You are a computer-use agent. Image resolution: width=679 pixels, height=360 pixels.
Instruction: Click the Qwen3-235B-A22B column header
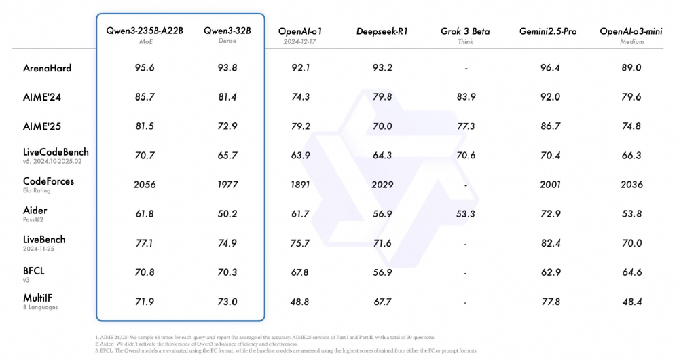pyautogui.click(x=144, y=31)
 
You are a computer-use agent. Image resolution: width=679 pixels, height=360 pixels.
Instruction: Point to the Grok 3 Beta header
pyautogui.click(x=465, y=31)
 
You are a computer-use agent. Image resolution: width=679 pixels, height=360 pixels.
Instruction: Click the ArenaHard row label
pyautogui.click(x=47, y=68)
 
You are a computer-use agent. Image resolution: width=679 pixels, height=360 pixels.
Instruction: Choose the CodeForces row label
pyautogui.click(x=48, y=181)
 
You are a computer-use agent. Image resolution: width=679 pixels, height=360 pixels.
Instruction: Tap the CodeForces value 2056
pyautogui.click(x=144, y=185)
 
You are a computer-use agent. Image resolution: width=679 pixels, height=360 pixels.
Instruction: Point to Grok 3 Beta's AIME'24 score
pyautogui.click(x=466, y=97)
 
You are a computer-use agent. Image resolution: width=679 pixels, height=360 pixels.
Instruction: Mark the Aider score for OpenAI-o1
pyautogui.click(x=300, y=214)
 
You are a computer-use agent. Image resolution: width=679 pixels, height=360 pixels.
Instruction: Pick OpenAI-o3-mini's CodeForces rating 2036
pyautogui.click(x=631, y=185)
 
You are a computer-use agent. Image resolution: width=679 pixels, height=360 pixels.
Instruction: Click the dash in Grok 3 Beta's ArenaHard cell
pyautogui.click(x=466, y=69)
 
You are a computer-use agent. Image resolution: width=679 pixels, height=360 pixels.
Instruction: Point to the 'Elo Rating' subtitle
pyautogui.click(x=39, y=191)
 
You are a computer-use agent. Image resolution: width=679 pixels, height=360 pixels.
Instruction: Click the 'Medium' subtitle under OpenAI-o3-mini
pyautogui.click(x=631, y=41)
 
